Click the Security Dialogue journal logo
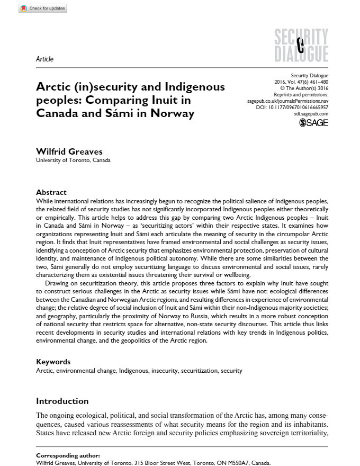[302, 44]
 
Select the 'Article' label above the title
[44, 59]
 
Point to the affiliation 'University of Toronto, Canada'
[73, 160]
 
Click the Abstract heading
[51, 192]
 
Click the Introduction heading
[62, 401]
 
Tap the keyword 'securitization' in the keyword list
[199, 371]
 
